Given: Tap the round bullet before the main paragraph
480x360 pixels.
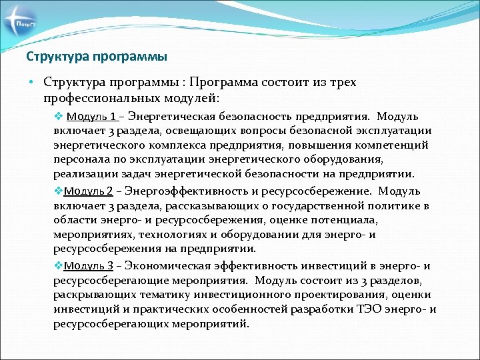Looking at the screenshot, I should (x=31, y=83).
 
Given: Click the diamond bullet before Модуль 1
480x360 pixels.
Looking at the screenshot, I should (x=58, y=115).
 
